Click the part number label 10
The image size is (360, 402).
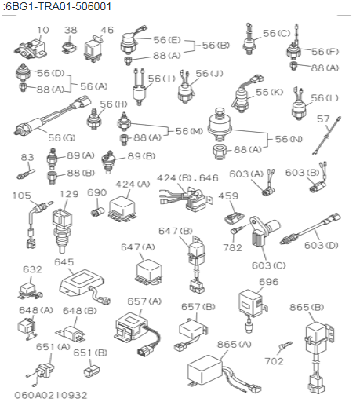[x=43, y=30]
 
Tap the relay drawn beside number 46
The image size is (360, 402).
[x=93, y=49]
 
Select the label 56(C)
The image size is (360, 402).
[x=277, y=33]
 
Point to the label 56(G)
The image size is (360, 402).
[x=62, y=137]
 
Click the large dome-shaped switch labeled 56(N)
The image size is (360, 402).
[x=220, y=124]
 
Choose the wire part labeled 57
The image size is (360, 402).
[x=326, y=136]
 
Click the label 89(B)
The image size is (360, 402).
[x=141, y=156]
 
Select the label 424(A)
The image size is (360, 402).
[x=133, y=185]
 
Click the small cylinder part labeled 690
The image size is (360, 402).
[x=97, y=212]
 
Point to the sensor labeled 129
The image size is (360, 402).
[x=62, y=230]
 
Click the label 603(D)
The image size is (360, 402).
[x=322, y=245]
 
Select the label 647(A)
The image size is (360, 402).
[x=138, y=247]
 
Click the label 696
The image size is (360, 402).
[x=269, y=282]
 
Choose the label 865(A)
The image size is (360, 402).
[x=235, y=345]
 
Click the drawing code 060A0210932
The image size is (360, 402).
[x=51, y=395]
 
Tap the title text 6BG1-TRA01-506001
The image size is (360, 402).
[x=58, y=6]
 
